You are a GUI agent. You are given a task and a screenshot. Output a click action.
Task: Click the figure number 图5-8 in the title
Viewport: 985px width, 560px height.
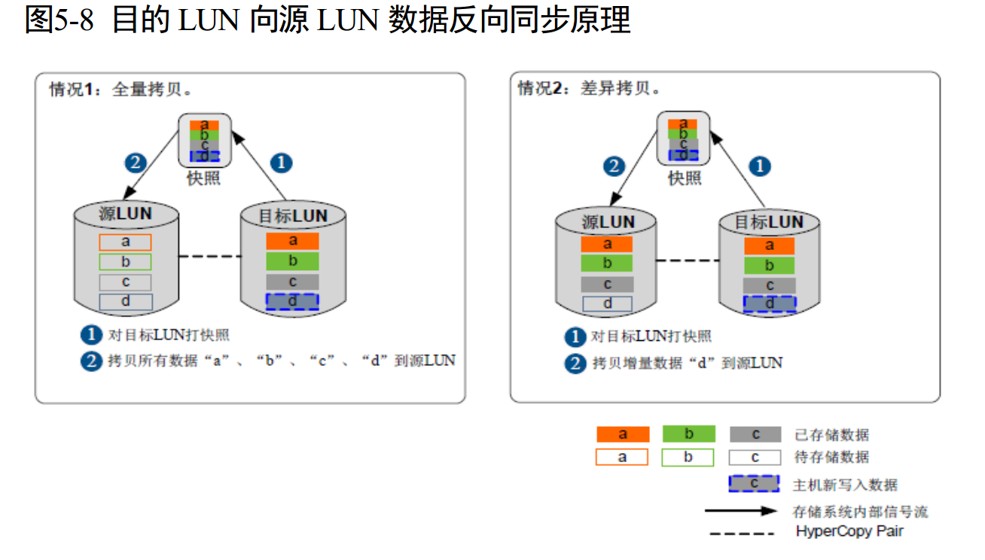[59, 20]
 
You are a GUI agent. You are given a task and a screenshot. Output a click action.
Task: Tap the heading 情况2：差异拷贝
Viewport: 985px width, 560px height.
[590, 89]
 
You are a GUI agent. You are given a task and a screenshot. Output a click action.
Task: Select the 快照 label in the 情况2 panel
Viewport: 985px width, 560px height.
[685, 178]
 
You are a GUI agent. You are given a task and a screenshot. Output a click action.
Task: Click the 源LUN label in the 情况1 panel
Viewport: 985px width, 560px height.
[126, 214]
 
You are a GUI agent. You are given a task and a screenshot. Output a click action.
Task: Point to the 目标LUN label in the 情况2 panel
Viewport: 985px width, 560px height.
[769, 222]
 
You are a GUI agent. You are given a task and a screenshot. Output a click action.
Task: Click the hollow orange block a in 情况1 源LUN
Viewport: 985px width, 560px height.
[125, 242]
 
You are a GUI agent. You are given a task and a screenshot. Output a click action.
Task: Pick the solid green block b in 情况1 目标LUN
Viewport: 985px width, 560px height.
[293, 261]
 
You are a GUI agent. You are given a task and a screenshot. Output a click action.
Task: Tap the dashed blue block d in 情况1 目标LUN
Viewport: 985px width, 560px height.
[293, 301]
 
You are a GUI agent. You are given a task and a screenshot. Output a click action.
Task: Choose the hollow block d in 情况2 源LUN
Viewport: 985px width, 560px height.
[607, 304]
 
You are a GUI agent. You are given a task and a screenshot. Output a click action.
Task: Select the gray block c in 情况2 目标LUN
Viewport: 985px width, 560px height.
[769, 285]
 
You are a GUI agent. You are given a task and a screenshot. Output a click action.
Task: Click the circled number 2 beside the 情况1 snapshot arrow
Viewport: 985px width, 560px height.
[135, 163]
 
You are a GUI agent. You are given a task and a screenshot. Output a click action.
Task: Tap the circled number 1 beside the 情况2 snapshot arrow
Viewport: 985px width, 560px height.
[760, 166]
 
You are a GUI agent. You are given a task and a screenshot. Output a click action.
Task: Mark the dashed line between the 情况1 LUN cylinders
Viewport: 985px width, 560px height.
[209, 257]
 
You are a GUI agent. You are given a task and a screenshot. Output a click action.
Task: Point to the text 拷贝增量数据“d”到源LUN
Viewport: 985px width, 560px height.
[687, 364]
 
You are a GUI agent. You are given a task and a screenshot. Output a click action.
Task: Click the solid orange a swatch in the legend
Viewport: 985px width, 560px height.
[622, 434]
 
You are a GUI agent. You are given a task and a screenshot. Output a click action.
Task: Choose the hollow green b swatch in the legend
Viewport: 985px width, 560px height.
[688, 457]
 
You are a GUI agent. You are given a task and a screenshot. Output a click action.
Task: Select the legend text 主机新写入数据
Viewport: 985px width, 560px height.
[845, 485]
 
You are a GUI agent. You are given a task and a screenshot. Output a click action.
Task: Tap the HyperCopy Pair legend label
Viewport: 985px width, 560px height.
[849, 531]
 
